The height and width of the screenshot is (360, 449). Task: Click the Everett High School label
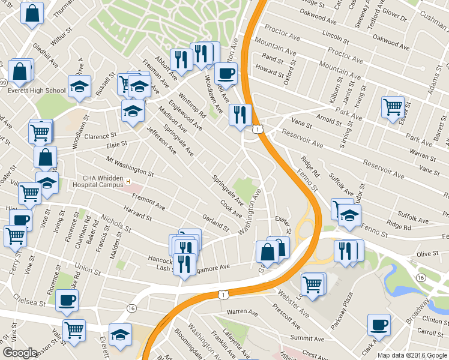tap(37, 91)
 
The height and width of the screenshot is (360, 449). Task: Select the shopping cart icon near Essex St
tap(393, 107)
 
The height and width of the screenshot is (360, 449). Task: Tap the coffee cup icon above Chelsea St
tap(67, 300)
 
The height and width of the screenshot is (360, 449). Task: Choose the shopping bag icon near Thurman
tap(32, 12)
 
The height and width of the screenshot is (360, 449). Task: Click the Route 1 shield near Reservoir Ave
tap(257, 129)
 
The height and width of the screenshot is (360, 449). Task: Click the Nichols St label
tap(116, 223)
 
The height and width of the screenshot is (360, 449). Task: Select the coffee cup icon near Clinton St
tap(378, 325)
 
